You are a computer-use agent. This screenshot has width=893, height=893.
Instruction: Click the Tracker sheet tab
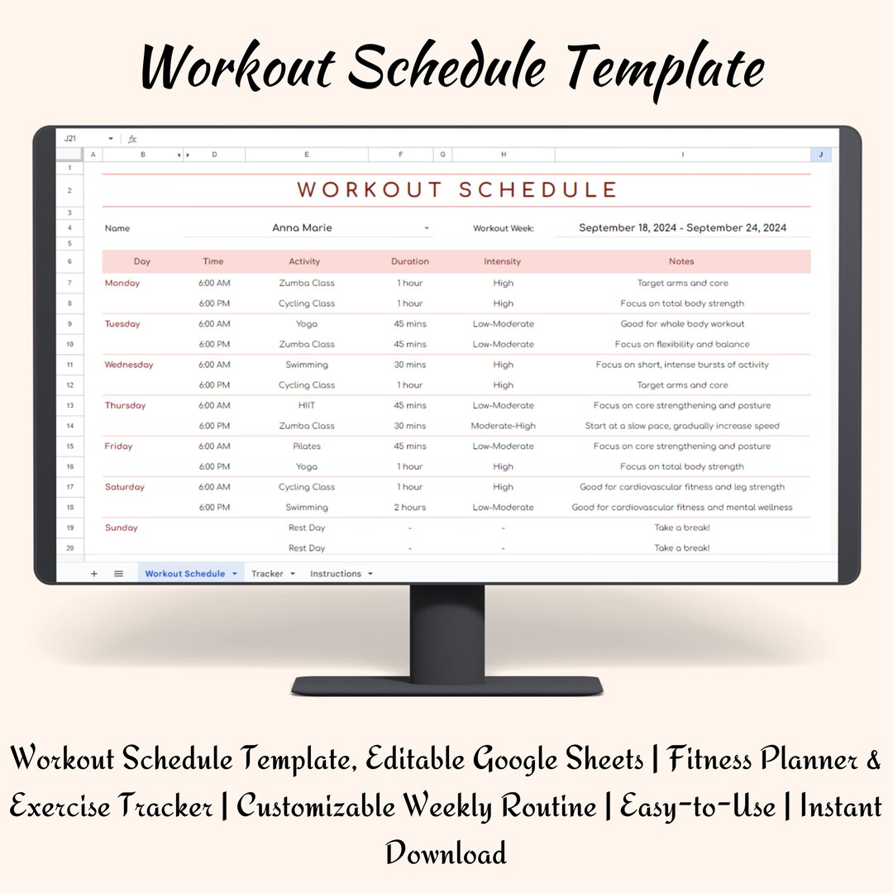(x=267, y=574)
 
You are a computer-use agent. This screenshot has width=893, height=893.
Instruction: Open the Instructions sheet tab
(x=336, y=574)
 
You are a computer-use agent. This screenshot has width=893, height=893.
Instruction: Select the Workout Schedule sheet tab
(x=184, y=574)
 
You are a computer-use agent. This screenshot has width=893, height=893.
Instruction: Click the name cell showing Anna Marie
(x=302, y=228)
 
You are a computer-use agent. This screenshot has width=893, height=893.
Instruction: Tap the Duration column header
(x=410, y=261)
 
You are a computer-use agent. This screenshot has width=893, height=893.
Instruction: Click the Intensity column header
(x=503, y=261)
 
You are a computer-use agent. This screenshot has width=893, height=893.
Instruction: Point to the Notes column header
(x=681, y=261)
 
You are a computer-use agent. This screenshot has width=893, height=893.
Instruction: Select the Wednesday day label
(x=129, y=365)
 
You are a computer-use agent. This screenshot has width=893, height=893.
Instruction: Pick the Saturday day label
(x=125, y=487)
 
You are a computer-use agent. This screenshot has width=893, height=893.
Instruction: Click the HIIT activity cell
(x=307, y=405)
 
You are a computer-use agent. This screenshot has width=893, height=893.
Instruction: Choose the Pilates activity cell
(x=307, y=446)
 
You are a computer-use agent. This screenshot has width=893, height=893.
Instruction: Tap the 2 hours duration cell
(x=410, y=508)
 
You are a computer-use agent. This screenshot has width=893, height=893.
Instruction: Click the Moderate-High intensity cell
(x=503, y=426)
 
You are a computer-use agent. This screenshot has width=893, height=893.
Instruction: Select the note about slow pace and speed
(x=682, y=426)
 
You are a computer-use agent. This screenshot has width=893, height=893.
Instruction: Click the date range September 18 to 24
(x=682, y=228)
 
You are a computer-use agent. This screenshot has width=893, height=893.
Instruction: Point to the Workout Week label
(x=504, y=228)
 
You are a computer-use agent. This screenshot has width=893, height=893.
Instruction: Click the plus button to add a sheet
(x=93, y=574)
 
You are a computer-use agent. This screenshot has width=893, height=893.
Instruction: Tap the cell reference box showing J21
(x=71, y=139)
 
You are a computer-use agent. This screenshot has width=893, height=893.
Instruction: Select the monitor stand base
(x=446, y=685)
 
